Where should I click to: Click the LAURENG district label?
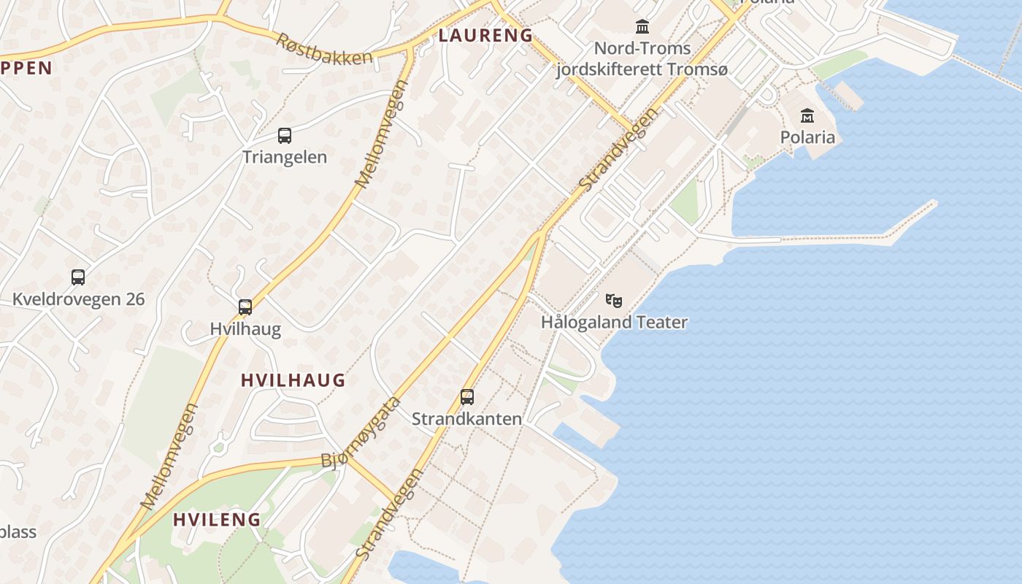(x=485, y=35)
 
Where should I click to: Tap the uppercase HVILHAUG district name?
(x=293, y=380)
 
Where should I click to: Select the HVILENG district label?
(x=217, y=520)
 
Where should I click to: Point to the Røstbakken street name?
(x=324, y=49)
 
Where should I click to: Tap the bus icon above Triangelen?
(x=285, y=135)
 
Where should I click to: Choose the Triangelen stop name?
(x=285, y=157)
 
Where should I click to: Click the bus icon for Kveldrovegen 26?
(x=78, y=277)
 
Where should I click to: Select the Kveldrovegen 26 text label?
(x=78, y=299)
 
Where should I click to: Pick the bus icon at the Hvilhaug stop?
(x=245, y=307)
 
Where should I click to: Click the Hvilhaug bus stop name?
(x=245, y=328)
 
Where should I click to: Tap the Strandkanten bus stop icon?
(x=467, y=397)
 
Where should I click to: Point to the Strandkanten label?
(x=467, y=418)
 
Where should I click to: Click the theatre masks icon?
(x=614, y=300)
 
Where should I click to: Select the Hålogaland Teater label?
(x=614, y=322)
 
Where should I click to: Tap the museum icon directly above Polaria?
(x=807, y=115)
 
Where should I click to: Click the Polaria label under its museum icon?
(x=807, y=137)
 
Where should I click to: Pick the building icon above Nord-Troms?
(x=642, y=27)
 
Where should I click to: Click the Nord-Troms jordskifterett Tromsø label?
(x=642, y=59)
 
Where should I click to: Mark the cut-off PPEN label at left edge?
(x=26, y=68)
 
